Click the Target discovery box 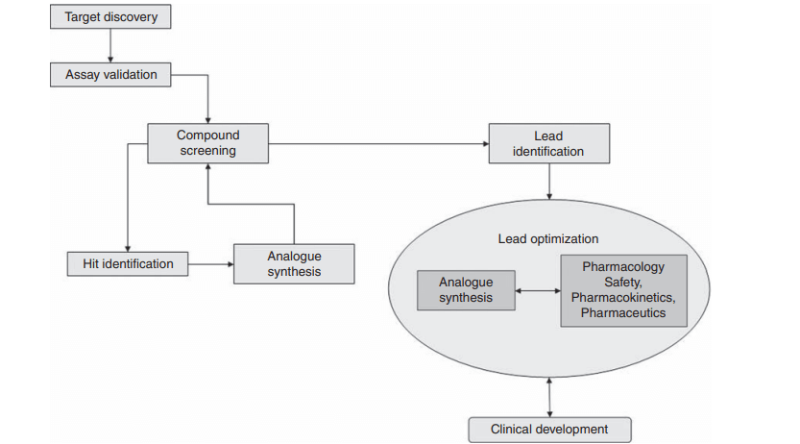click(x=110, y=18)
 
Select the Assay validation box click(x=110, y=74)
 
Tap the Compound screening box click(x=207, y=143)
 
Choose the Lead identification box click(x=548, y=143)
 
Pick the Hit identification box click(x=127, y=262)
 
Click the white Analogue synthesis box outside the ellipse click(x=295, y=263)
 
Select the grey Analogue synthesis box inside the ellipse click(x=466, y=290)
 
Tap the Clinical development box click(x=550, y=429)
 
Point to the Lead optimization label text click(x=547, y=238)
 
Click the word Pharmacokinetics click(x=623, y=298)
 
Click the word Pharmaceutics click(x=623, y=312)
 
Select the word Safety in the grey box click(x=623, y=283)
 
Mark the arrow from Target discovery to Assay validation click(x=110, y=46)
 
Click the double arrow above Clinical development click(x=548, y=396)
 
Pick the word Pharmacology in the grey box click(x=623, y=267)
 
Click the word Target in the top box click(x=84, y=18)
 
